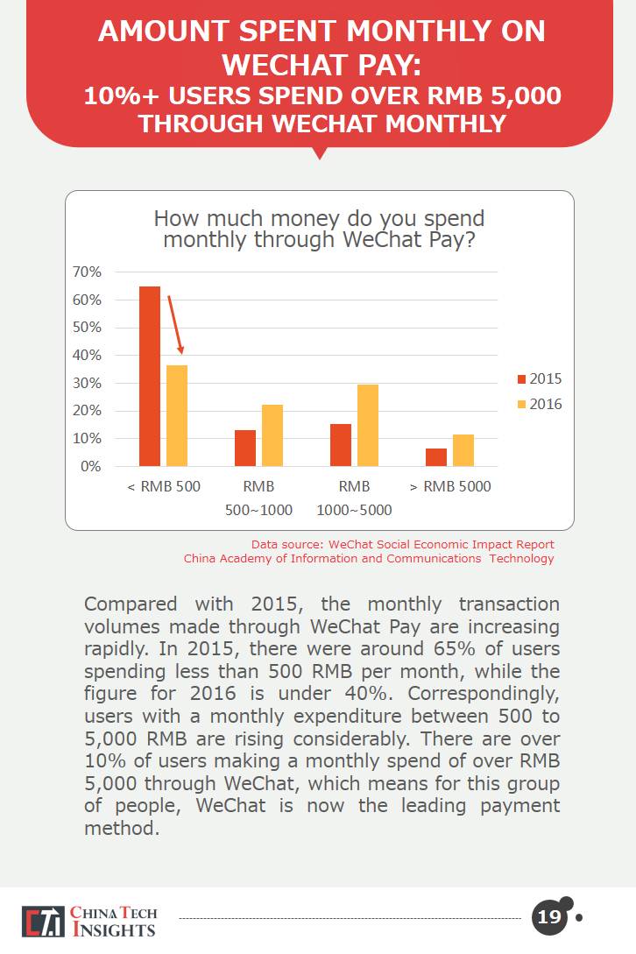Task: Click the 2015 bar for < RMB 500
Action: point(150,376)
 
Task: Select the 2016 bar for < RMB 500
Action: point(177,415)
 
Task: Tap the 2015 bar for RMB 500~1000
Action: point(245,448)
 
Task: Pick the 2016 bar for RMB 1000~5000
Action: point(368,425)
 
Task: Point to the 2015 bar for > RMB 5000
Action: point(436,457)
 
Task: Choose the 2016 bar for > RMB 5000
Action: point(463,450)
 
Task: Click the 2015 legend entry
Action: point(540,379)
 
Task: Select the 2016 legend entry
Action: point(540,405)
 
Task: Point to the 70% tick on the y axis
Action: point(88,272)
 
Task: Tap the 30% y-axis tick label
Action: point(88,384)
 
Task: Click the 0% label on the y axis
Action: point(91,467)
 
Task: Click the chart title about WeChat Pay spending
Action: point(319,228)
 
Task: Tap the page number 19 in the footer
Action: point(549,918)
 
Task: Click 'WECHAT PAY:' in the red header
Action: point(321,64)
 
